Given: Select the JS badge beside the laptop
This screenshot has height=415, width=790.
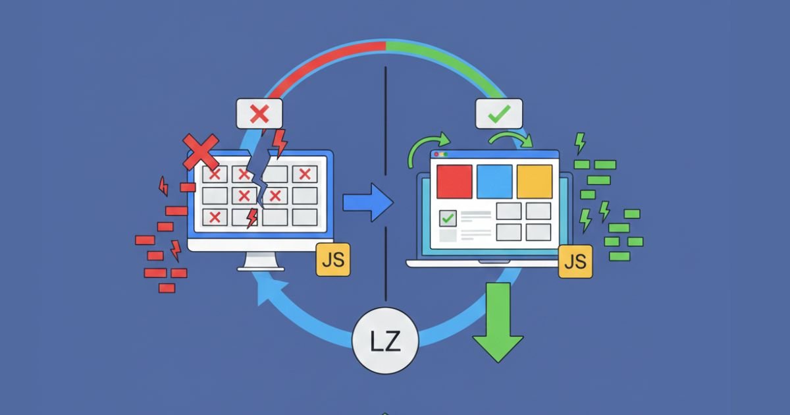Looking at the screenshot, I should coord(575,262).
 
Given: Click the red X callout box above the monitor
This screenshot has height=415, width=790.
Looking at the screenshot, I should coord(259,113).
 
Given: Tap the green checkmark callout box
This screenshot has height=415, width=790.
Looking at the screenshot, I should coord(499,113).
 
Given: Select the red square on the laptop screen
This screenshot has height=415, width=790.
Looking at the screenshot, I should coord(454,180).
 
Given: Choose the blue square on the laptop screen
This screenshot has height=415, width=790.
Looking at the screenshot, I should coord(494,180).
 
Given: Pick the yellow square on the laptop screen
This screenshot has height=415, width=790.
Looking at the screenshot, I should coord(535,180).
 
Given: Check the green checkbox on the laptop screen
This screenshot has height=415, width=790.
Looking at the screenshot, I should coord(448,217).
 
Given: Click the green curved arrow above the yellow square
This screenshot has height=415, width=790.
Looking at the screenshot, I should coord(512,138).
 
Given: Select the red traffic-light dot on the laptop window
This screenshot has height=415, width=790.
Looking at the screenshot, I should coord(436,154).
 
